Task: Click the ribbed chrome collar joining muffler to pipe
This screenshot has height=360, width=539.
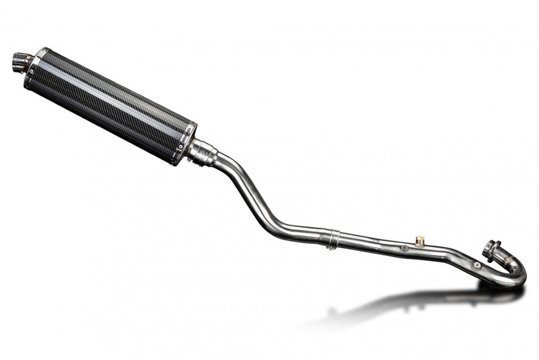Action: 203,152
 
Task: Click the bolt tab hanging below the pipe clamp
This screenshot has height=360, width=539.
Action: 329,246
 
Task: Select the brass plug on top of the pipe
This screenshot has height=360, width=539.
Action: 420,240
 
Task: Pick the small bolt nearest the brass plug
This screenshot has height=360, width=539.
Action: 403,248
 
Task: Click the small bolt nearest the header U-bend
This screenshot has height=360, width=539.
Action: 477,265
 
